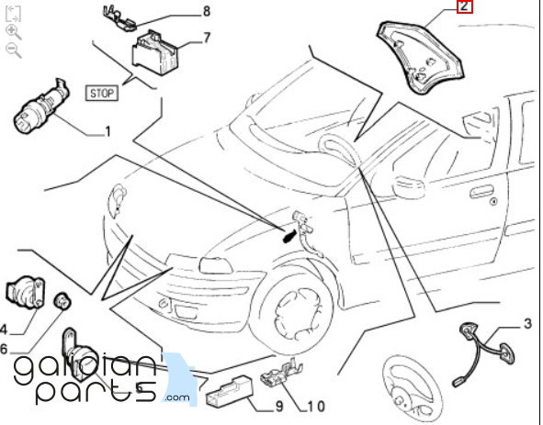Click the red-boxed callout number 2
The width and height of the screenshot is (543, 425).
point(464,6)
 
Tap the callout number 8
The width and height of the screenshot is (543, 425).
point(207,11)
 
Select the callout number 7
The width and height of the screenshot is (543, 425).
point(207,38)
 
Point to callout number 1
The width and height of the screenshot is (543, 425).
point(108,131)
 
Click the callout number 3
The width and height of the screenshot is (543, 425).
point(527,324)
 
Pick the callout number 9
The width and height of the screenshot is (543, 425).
point(279,407)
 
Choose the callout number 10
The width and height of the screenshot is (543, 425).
point(316,407)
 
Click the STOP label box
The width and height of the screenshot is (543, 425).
point(102,93)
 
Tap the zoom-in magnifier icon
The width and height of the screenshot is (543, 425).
point(14,32)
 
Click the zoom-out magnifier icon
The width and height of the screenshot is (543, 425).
point(14,50)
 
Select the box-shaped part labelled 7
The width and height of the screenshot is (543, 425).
point(154,52)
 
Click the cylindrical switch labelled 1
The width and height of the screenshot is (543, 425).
point(41,106)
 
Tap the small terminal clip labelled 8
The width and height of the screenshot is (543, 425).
point(119,18)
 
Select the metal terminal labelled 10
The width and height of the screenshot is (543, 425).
point(281,372)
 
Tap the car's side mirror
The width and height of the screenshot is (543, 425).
point(410,187)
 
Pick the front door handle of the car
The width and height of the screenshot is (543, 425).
point(481,192)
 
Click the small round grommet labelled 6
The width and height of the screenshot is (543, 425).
point(62,301)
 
